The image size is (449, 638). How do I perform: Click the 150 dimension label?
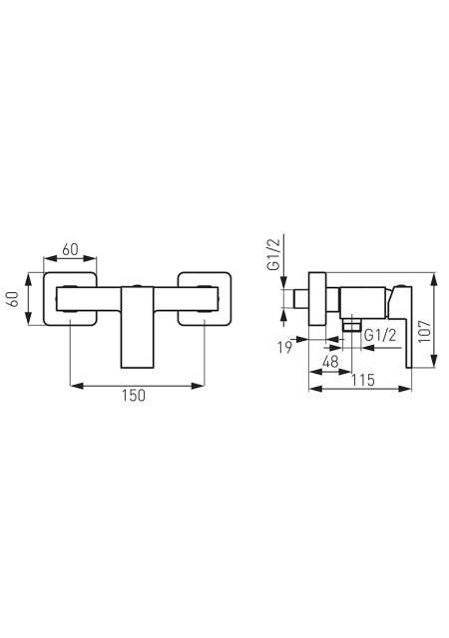pos(134,395)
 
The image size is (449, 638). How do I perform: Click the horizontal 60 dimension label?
pos(70,249)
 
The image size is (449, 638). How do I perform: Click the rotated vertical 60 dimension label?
pos(13,299)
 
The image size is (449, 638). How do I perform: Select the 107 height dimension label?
pos(425,331)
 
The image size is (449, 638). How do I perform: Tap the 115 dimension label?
pos(363,380)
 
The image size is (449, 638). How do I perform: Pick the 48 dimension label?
pos(330,361)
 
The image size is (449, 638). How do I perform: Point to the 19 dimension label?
pos(284,348)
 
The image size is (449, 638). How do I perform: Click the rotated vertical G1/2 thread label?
pos(273,254)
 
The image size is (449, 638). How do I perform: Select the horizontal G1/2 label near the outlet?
pos(380,335)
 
